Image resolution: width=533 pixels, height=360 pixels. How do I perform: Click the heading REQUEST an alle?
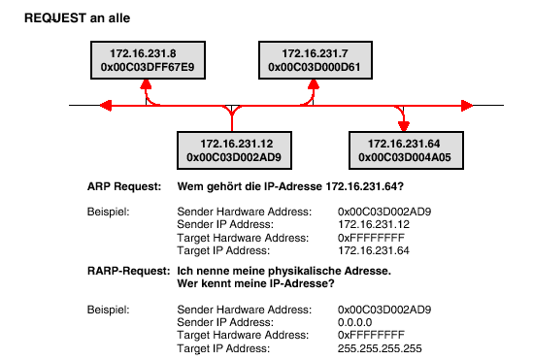77,18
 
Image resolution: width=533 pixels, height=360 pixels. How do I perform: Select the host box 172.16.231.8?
148,60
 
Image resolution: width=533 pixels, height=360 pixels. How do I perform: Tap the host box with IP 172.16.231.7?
316,60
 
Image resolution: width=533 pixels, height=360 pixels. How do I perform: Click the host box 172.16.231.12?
234,150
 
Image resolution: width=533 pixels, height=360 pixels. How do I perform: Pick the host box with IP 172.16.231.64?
406,150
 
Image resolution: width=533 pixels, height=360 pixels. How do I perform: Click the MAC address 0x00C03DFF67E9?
148,67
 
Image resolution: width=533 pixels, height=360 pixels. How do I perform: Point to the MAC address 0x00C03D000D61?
315,67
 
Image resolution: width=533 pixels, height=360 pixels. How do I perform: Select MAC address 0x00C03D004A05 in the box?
405,157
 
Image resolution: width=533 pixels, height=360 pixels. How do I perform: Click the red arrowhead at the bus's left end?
106,105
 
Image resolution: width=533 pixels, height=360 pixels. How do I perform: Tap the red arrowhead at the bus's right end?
467,106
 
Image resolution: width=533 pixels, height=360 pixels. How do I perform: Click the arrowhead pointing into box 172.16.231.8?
146,84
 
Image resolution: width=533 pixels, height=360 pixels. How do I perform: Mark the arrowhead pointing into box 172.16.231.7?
314,84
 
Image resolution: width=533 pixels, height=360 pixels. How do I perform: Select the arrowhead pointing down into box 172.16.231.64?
404,126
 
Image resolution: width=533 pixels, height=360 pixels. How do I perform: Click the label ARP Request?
124,186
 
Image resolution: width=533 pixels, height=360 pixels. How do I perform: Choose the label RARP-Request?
128,271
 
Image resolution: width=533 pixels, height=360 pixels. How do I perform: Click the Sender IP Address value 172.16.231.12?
374,224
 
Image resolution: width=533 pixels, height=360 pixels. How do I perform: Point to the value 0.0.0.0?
355,322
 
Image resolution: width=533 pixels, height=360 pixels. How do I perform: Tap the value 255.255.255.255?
380,348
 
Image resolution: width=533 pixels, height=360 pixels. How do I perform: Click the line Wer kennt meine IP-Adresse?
256,283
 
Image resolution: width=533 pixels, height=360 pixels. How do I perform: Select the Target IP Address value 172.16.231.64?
374,250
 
